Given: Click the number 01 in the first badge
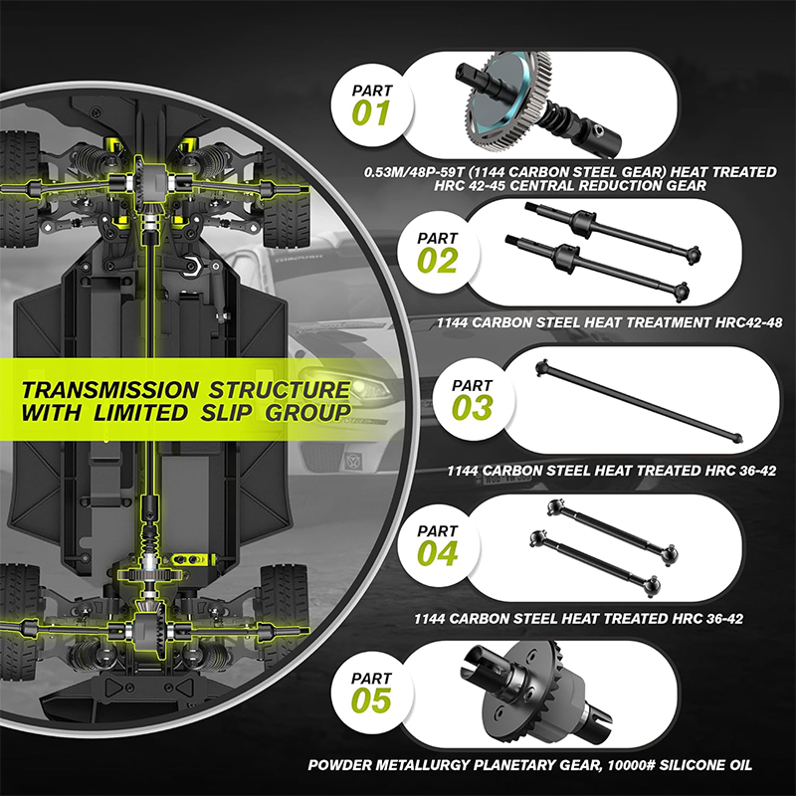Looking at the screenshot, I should (x=371, y=112).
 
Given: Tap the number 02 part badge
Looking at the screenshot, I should (x=439, y=261).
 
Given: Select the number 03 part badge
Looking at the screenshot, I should (x=472, y=407).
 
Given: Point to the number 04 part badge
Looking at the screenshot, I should (x=439, y=553).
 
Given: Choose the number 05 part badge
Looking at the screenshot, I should (x=371, y=699).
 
